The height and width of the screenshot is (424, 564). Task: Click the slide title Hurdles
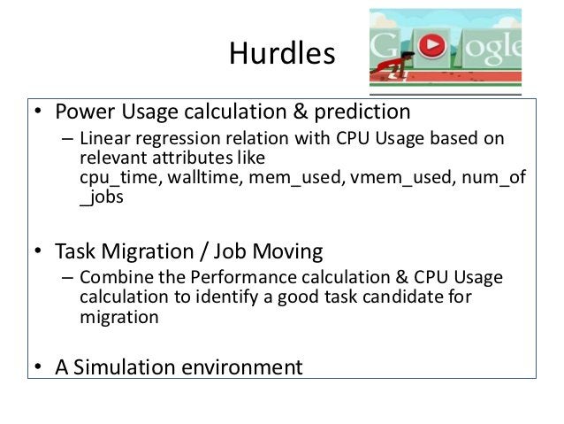point(282,54)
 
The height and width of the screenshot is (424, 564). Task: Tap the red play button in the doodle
point(431,45)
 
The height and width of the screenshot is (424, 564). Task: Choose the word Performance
point(232,278)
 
